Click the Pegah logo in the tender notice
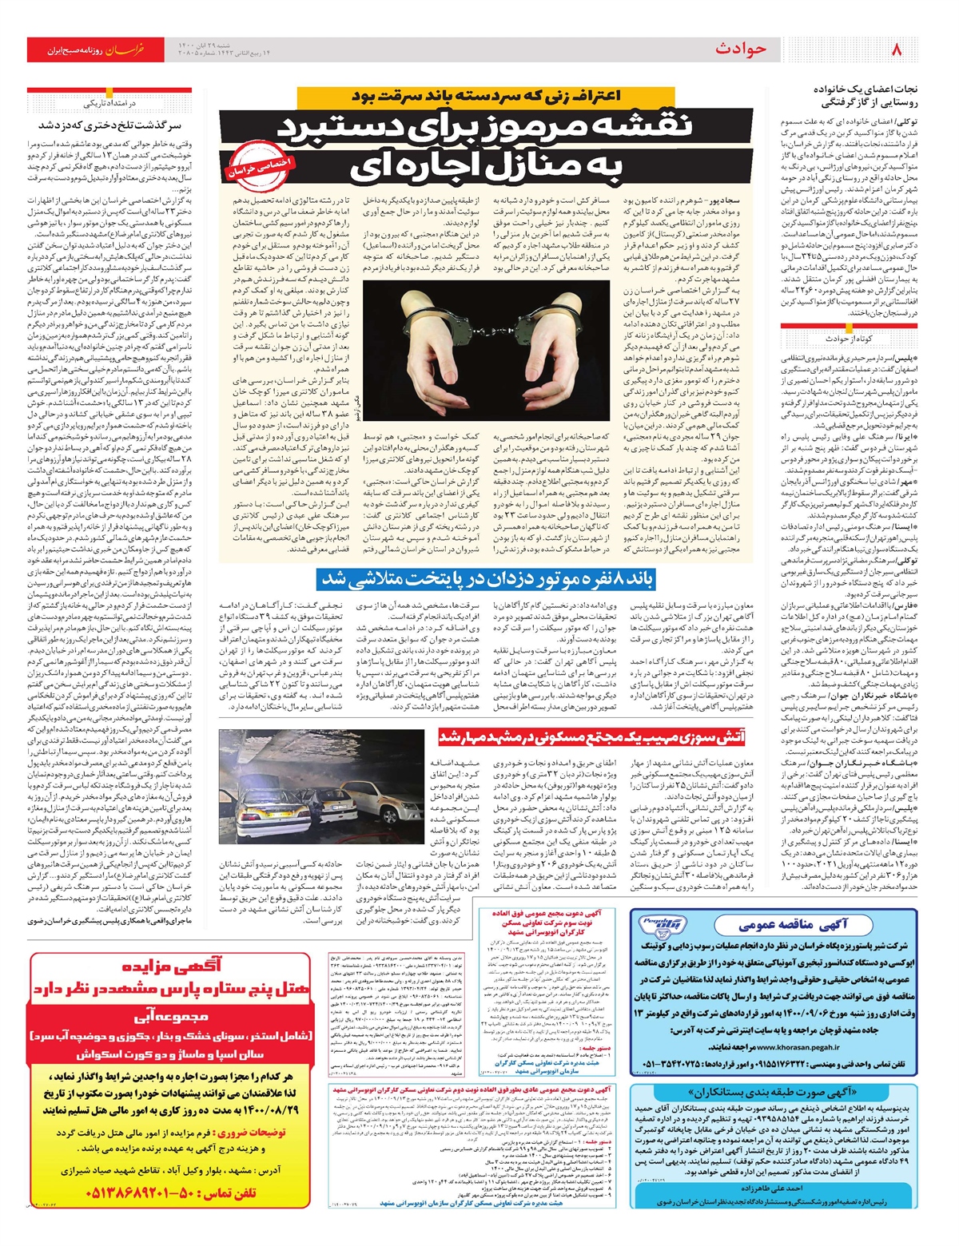662,927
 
